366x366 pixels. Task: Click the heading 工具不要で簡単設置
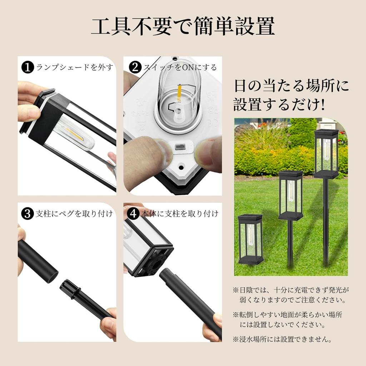point(183,26)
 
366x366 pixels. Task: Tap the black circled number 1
point(27,67)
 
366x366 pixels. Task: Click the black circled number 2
point(135,67)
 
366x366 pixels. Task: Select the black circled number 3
point(27,214)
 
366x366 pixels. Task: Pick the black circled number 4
point(133,214)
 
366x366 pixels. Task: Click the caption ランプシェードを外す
point(74,67)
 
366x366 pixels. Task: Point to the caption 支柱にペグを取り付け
point(74,214)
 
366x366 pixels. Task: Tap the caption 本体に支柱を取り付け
point(179,214)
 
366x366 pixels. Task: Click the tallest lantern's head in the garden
point(326,154)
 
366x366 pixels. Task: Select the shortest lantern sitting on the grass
point(250,239)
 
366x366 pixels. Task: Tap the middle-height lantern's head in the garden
point(290,195)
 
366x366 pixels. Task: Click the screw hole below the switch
point(181,167)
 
